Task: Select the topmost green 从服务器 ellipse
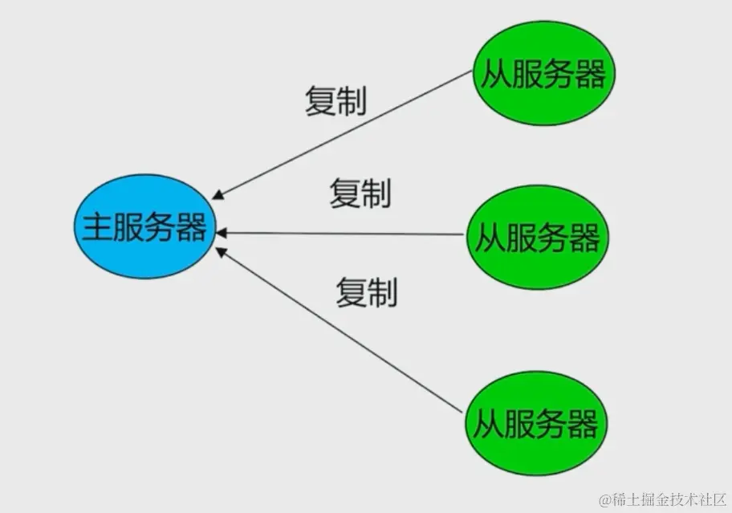tap(543, 74)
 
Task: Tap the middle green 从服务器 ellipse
tap(538, 238)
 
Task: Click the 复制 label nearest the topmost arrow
tap(335, 102)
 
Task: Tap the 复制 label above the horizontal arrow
tap(360, 193)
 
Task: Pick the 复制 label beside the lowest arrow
tap(366, 292)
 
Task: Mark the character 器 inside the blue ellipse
tap(192, 228)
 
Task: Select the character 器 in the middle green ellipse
tap(584, 238)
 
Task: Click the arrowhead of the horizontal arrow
tap(222, 233)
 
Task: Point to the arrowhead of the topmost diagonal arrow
tap(218, 195)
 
